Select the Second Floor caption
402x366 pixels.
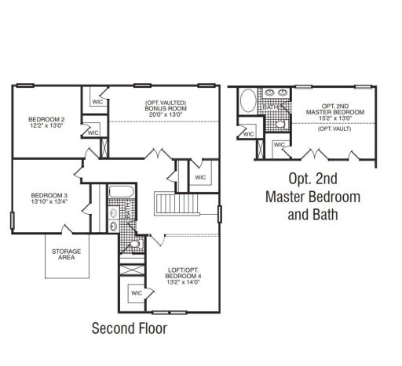click(130, 328)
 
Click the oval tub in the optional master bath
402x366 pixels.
click(247, 102)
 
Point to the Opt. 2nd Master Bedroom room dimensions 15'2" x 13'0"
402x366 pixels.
click(335, 119)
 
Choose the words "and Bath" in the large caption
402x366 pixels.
click(313, 212)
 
